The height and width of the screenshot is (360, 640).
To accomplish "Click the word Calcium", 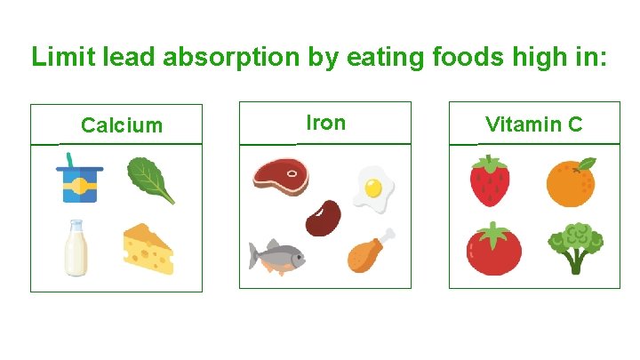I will tap(122, 125).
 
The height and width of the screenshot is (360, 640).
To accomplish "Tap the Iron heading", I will tap(325, 123).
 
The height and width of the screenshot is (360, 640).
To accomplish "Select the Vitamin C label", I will tap(533, 124).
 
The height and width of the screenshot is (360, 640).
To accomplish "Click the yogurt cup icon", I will tap(79, 183).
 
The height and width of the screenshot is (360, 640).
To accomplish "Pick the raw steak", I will tap(281, 176).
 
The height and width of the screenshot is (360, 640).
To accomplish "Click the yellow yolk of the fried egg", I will tap(373, 187).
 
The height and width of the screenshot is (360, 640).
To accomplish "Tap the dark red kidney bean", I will tap(323, 218).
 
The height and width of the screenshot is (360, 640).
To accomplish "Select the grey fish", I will tap(276, 256).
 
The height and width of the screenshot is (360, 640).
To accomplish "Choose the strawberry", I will tap(489, 180).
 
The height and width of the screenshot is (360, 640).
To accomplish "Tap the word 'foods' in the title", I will tap(474, 57).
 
